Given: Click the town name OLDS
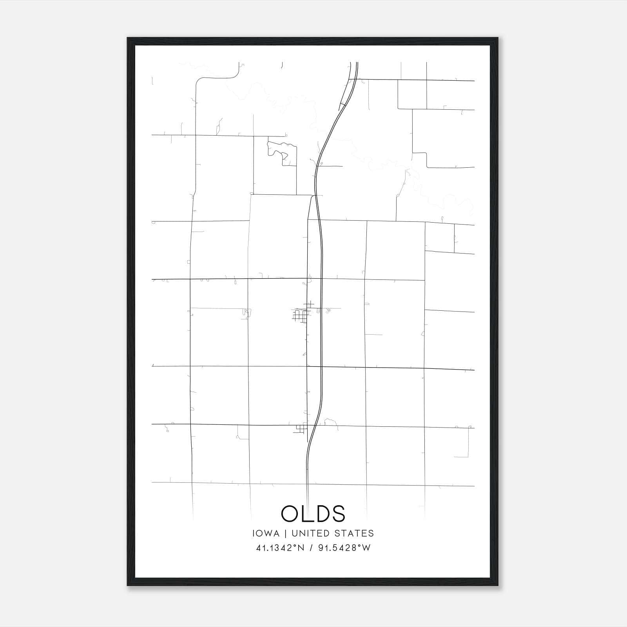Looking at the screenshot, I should pos(313,513).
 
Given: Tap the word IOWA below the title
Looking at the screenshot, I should pos(266,533).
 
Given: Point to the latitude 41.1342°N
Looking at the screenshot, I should pos(280,548).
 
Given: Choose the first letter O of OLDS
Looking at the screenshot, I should pos(290,513).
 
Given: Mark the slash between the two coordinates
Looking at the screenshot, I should pos(310,548).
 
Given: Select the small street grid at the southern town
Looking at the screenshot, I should pos(301,429).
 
